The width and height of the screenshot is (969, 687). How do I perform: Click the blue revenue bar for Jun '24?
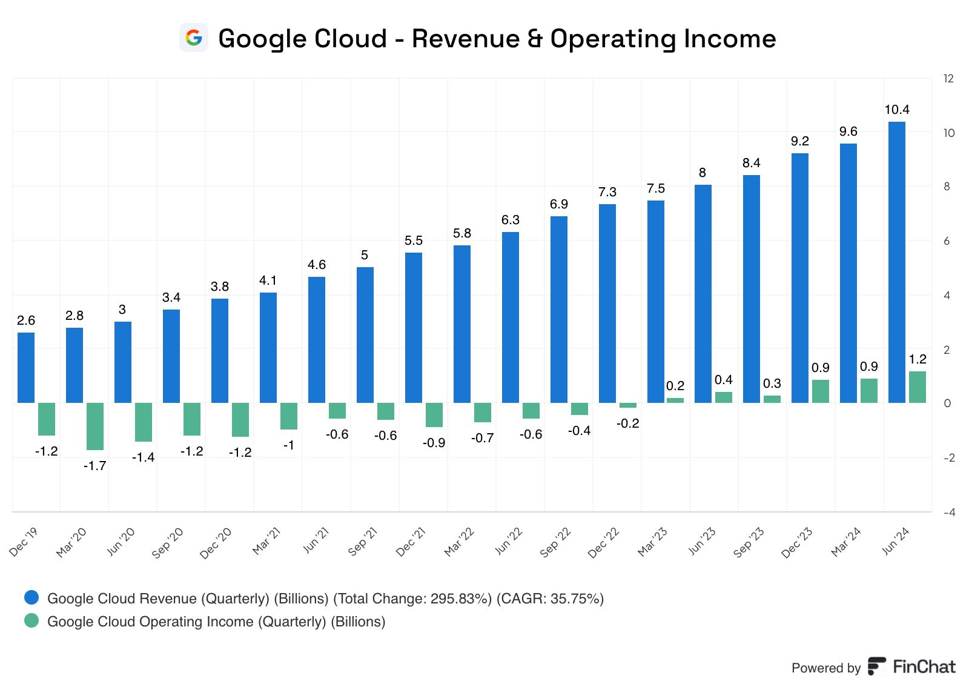tap(896, 262)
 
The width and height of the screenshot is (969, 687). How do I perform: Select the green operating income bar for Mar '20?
tap(95, 426)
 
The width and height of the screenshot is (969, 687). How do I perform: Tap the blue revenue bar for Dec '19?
tap(26, 367)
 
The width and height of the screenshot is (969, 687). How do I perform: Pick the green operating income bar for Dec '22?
tap(628, 405)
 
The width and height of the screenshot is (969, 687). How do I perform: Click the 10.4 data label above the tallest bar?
tap(896, 110)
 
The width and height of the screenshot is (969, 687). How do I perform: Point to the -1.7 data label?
tap(94, 466)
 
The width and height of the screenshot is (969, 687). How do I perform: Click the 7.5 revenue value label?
tap(655, 188)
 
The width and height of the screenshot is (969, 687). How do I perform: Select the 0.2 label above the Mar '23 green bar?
tap(675, 386)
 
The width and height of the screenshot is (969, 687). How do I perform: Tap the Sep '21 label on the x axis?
tap(363, 542)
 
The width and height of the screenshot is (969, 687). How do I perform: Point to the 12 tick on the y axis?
tap(948, 79)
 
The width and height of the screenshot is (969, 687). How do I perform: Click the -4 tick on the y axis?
tap(949, 513)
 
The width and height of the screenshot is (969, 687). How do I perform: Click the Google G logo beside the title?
tap(194, 38)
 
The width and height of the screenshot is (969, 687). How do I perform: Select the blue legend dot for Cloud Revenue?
tap(31, 598)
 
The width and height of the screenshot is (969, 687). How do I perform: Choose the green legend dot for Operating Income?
tap(31, 621)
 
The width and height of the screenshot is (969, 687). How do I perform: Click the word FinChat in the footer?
tap(924, 667)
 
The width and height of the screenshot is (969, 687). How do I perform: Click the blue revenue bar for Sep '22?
tap(558, 310)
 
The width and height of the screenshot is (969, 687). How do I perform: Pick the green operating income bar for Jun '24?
tap(918, 387)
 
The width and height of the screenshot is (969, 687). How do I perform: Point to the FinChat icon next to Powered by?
tap(876, 666)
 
